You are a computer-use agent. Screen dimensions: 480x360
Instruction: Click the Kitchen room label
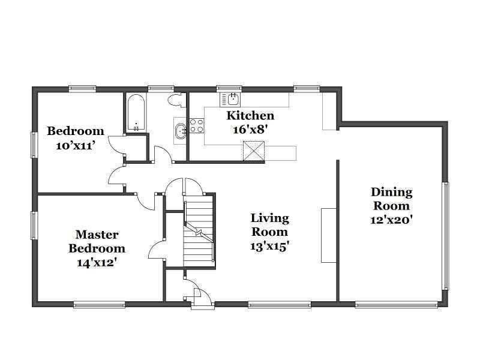tap(250, 116)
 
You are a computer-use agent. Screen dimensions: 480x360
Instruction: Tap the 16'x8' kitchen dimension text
tap(250, 130)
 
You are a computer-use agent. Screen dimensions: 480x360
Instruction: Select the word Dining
tap(392, 193)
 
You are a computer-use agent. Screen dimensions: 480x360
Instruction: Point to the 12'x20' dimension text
tap(392, 220)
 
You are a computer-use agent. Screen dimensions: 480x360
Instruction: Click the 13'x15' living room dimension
tap(269, 246)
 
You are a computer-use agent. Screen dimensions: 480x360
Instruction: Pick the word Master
tap(97, 235)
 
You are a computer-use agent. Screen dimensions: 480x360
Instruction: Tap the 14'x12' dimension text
tap(97, 263)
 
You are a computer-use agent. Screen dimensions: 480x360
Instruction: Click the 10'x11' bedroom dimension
tap(74, 145)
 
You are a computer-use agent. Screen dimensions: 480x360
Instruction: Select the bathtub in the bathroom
tap(136, 113)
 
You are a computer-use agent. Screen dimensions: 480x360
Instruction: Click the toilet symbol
tap(177, 100)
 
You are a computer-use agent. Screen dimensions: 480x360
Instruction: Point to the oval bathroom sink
tap(180, 131)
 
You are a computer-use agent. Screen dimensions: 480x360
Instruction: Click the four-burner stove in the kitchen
tap(197, 126)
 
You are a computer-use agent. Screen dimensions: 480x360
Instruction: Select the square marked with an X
tap(254, 151)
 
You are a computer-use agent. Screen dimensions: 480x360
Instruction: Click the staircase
tap(199, 232)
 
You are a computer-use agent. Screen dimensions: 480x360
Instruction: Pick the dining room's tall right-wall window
tap(446, 236)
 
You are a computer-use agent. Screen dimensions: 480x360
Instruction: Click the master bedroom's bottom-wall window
tap(100, 304)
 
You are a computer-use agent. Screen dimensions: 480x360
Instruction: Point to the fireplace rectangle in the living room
tap(329, 235)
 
